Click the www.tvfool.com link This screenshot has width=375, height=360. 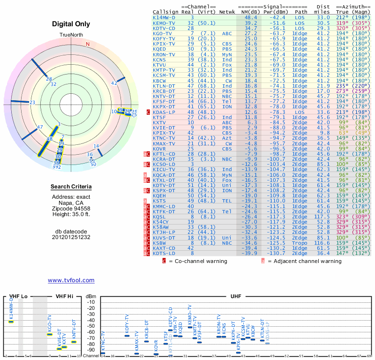71,280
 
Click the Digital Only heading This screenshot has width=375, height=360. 71,23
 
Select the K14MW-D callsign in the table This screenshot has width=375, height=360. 164,17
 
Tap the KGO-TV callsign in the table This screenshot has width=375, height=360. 162,34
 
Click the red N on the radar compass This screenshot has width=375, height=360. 87,44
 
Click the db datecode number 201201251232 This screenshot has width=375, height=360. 71,237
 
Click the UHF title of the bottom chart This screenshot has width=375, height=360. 236,297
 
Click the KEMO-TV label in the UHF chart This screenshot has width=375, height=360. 190,313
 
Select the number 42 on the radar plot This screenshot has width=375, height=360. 114,83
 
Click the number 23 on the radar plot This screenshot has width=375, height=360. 32,102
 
